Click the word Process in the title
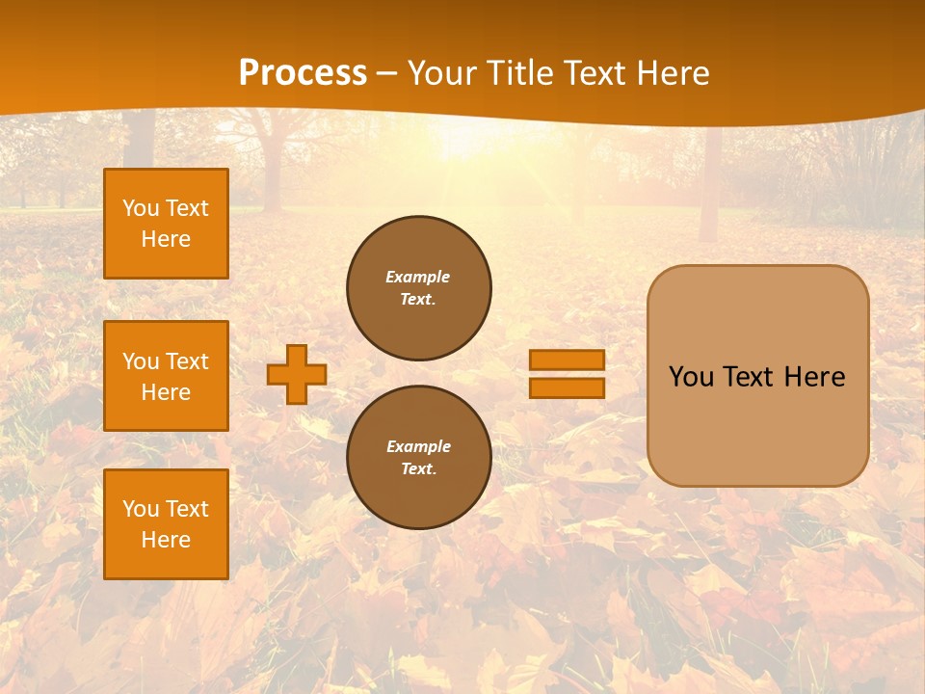(303, 73)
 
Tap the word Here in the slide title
(671, 73)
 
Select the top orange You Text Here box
(166, 224)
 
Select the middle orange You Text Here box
(166, 376)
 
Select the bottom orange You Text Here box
(166, 524)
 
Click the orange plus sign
(297, 374)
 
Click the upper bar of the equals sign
(567, 360)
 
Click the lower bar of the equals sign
(567, 388)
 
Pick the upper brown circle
(419, 288)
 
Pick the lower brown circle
(419, 458)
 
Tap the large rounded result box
(757, 376)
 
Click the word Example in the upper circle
(418, 277)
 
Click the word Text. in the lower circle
(419, 469)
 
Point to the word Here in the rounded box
(814, 377)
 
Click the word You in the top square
(141, 208)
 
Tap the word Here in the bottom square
(166, 540)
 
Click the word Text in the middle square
(187, 361)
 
